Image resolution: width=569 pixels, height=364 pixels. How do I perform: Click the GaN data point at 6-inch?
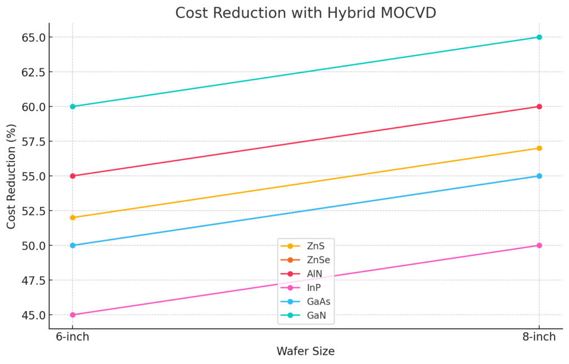(x=72, y=107)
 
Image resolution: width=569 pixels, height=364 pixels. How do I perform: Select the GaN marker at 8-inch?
(x=539, y=37)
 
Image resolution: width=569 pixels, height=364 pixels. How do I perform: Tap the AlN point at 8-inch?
(x=539, y=107)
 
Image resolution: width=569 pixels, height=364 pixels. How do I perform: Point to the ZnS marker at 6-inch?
(x=72, y=218)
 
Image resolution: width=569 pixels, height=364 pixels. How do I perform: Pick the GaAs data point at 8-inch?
(x=539, y=176)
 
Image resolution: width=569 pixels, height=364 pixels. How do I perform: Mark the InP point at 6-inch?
(x=72, y=315)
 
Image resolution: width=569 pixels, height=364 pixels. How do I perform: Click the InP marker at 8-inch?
(x=539, y=245)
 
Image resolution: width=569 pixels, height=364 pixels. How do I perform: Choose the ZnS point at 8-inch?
(x=539, y=148)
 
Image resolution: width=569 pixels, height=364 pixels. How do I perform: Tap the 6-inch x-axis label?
(x=72, y=337)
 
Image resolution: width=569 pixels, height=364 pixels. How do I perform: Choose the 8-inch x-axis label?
(x=539, y=337)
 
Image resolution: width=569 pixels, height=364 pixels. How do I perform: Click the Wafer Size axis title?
(x=306, y=351)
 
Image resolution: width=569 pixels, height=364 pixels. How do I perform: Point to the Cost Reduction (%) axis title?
(x=12, y=176)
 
